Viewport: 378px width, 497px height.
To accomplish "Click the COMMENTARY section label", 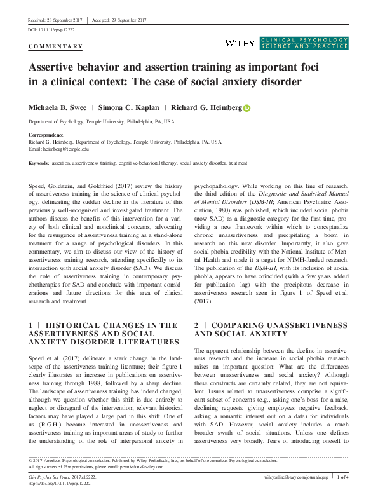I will tap(56, 46).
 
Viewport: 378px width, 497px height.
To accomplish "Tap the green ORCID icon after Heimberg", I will tap(246, 108).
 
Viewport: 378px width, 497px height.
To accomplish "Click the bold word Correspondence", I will tap(46, 135).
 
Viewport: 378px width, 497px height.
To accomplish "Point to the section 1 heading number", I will tap(31, 325).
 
